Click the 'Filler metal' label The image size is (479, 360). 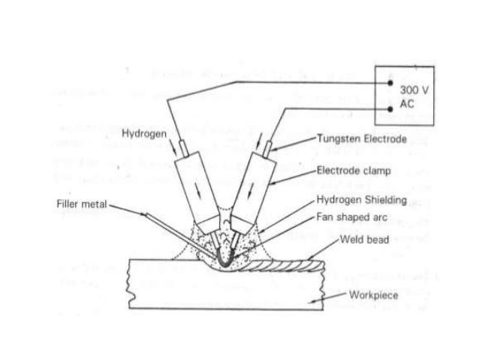80,204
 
